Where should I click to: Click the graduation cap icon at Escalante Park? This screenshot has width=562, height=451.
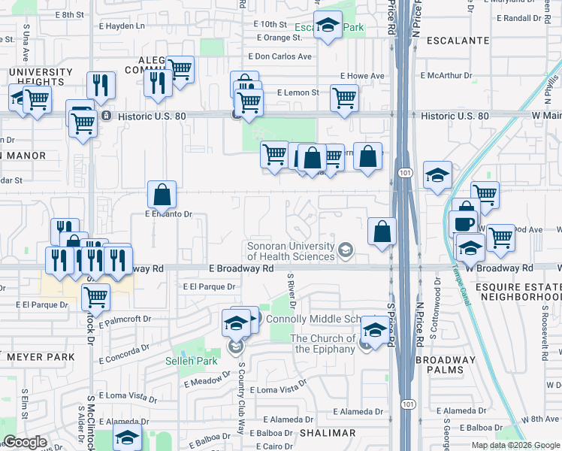coord(328,26)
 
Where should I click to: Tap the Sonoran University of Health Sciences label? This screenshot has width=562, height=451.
coord(291,251)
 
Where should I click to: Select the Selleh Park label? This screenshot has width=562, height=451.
coord(191,362)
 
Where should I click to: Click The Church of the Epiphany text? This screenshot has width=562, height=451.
coord(324,344)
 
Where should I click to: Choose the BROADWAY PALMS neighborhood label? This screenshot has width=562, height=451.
coord(446,365)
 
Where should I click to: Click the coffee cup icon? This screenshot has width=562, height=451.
coord(463,223)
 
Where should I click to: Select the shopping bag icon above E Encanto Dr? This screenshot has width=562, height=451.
coord(162,196)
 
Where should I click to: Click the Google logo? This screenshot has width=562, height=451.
coord(25,442)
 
